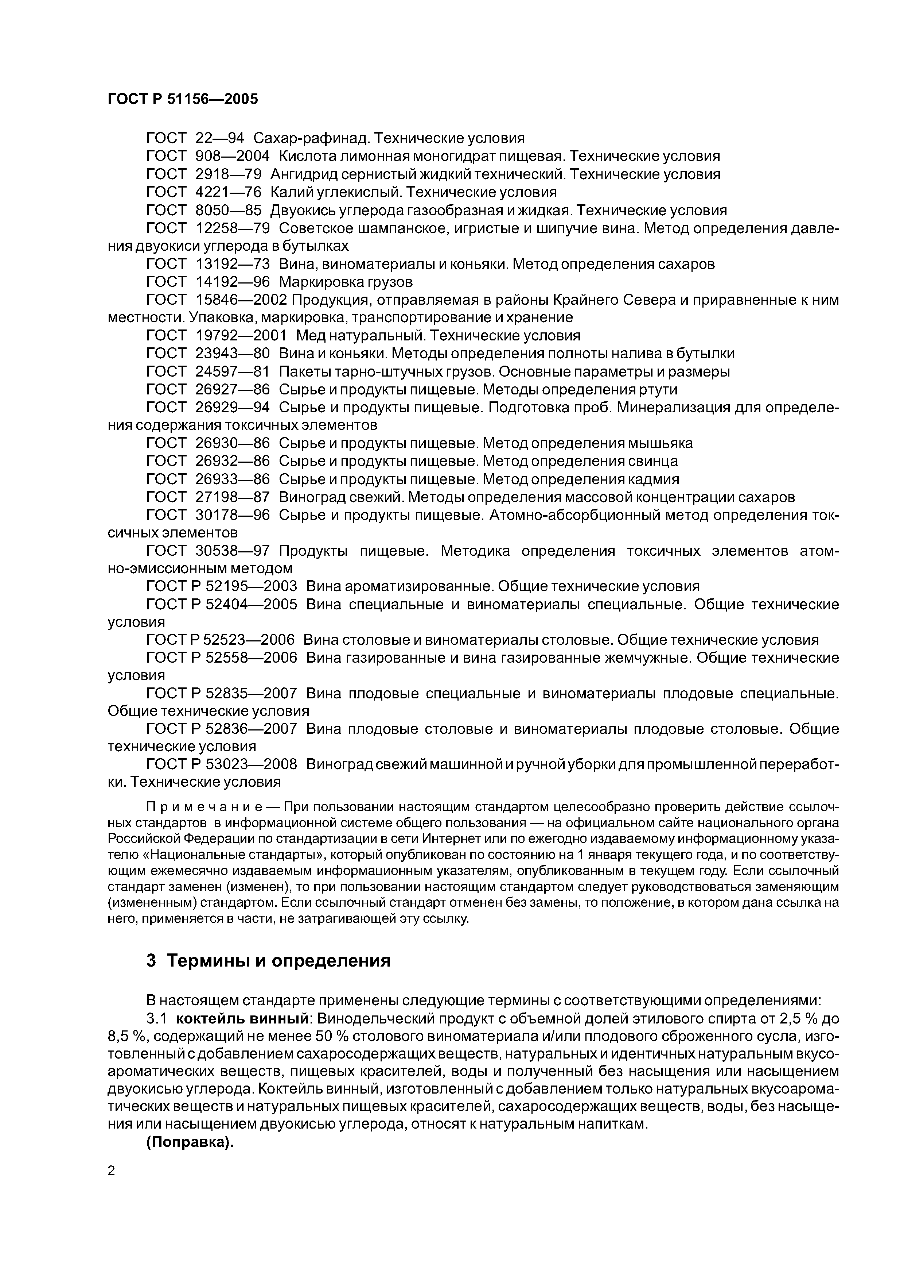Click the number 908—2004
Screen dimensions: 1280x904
pyautogui.click(x=232, y=156)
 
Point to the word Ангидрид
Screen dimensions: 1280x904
pyautogui.click(x=303, y=174)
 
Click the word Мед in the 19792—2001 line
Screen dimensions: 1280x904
pyautogui.click(x=310, y=336)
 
